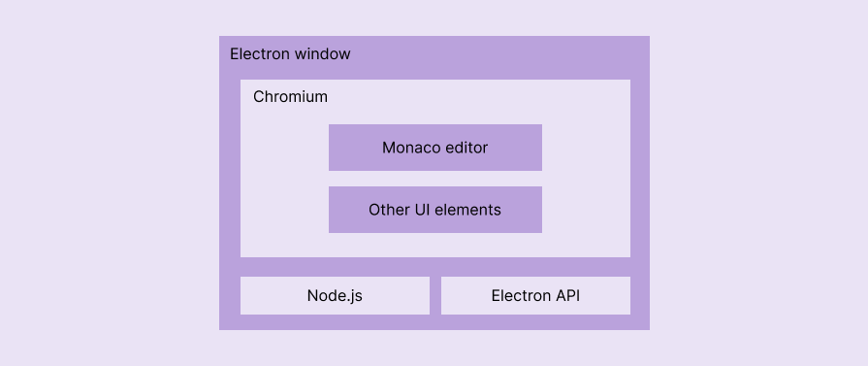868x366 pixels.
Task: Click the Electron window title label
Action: (290, 54)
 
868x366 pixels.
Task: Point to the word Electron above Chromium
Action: (260, 54)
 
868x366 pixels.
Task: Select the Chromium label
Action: (290, 97)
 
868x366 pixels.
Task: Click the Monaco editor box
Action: (434, 148)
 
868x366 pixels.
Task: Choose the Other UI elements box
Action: (434, 210)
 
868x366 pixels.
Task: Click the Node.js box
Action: (335, 296)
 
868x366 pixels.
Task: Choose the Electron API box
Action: (535, 296)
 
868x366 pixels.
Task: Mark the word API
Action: (566, 296)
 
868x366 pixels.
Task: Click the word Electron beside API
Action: (520, 296)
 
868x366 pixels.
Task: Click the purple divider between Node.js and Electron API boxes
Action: (435, 296)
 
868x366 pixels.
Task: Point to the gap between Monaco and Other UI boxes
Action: (434, 179)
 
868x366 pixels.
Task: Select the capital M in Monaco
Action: (389, 149)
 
